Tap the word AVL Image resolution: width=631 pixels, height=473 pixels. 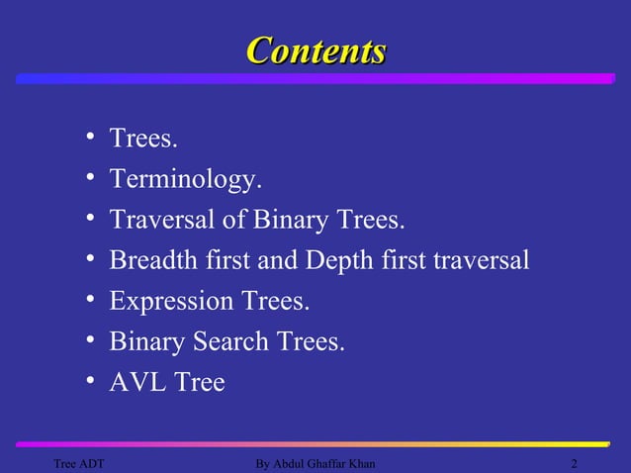[137, 382]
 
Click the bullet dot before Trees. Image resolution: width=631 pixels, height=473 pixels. [89, 138]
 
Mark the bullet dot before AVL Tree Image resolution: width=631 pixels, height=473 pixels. [89, 382]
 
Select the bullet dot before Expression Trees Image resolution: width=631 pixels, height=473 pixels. [89, 300]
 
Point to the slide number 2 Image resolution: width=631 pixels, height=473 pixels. [575, 464]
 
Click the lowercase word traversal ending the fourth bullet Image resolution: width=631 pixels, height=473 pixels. [481, 259]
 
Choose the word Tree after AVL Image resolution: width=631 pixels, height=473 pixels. [200, 382]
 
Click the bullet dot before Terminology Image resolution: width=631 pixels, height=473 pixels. [89, 178]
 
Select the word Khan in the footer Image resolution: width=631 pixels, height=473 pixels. [360, 464]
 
